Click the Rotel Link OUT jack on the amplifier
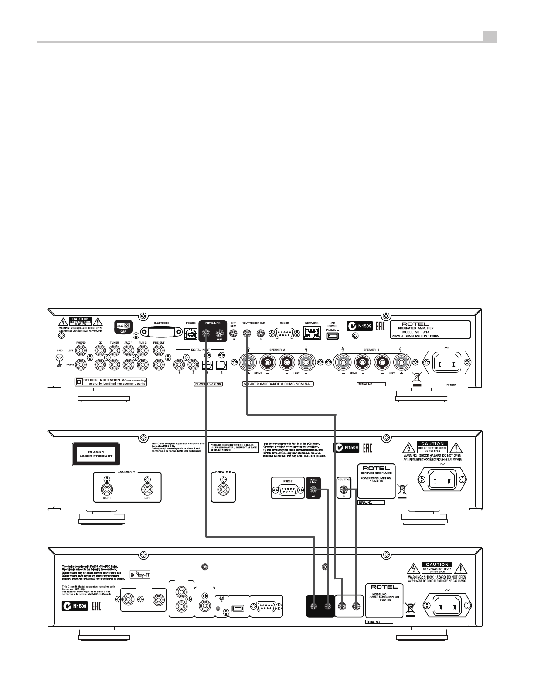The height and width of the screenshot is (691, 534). coord(219,333)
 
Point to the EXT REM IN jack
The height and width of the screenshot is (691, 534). coord(233,333)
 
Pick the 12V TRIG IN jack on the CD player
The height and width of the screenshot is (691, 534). coord(344,490)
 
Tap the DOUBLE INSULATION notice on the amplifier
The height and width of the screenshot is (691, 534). coord(111,382)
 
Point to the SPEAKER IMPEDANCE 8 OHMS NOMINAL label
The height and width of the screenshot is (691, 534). coord(278,384)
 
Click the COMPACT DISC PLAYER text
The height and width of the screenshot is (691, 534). coord(377,474)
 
